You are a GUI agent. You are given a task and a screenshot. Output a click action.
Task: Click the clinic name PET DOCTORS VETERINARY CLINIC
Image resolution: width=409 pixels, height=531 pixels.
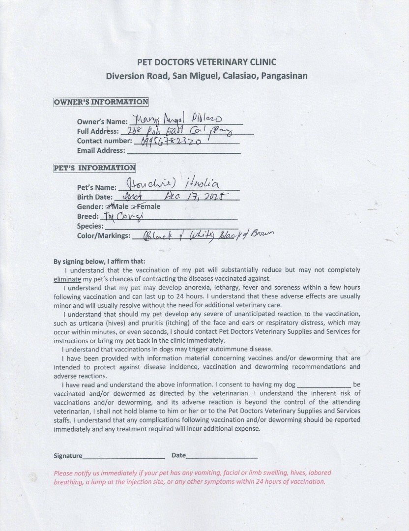[206, 62]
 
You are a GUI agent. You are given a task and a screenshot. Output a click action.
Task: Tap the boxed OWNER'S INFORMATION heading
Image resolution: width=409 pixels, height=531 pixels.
[101, 102]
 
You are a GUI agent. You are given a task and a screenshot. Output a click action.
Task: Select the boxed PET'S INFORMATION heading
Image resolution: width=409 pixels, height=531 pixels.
[94, 168]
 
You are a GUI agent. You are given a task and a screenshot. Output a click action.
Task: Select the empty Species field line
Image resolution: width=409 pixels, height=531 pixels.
[170, 227]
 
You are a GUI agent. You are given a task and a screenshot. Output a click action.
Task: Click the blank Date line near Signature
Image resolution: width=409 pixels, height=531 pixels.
[222, 456]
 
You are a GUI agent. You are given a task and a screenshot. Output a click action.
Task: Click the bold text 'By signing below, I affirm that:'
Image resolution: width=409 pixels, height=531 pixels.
[99, 262]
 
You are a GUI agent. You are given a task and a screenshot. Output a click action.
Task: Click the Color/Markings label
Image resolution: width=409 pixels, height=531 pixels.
[103, 236]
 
